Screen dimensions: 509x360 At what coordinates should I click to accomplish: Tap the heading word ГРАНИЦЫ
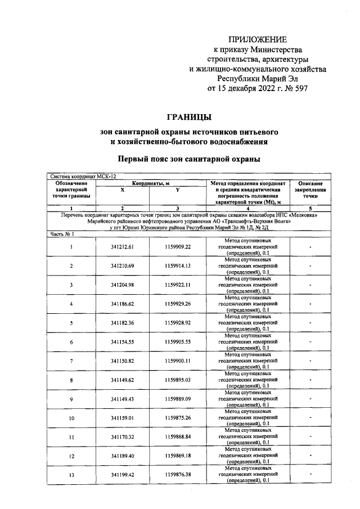(x=189, y=117)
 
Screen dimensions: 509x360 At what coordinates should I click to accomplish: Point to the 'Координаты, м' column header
(x=151, y=183)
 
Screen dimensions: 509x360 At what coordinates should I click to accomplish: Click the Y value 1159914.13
(x=178, y=266)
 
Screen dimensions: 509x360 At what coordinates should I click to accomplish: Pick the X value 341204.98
(x=122, y=285)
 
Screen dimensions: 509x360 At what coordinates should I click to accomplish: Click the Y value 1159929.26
(x=178, y=304)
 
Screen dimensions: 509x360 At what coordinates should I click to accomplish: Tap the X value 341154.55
(x=122, y=343)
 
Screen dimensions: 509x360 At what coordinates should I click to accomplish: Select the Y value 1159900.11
(x=178, y=361)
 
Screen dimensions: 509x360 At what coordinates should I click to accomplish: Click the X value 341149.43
(x=122, y=399)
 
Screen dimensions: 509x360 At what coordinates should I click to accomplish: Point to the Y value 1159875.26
(x=178, y=418)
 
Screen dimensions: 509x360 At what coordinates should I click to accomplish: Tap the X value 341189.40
(x=122, y=457)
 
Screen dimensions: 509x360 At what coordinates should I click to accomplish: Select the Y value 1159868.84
(x=178, y=438)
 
